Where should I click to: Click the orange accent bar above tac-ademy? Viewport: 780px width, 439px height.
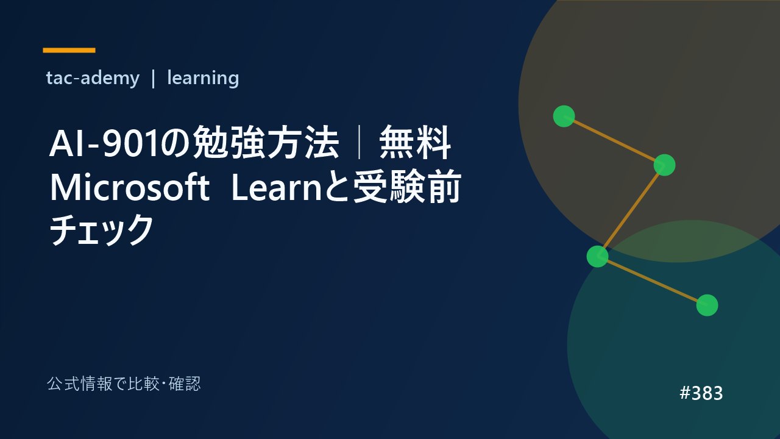[x=69, y=50]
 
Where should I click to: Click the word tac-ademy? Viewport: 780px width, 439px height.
[x=93, y=78]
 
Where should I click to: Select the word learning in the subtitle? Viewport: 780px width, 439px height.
[x=203, y=78]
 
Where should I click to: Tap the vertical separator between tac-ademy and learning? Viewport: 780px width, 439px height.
[x=153, y=79]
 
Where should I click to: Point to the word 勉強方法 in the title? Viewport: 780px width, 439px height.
[x=266, y=143]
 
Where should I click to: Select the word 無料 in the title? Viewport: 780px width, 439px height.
[x=415, y=143]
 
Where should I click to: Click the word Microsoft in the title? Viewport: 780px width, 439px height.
[x=130, y=188]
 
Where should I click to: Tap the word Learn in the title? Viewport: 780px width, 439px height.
[x=277, y=188]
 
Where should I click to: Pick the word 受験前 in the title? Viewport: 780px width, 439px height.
[x=408, y=187]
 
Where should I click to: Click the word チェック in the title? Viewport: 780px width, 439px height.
[x=101, y=230]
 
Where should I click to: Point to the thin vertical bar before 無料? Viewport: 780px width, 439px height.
[x=359, y=143]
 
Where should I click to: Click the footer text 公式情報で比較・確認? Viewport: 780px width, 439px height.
[x=124, y=384]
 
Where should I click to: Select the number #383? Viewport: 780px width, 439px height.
[x=701, y=393]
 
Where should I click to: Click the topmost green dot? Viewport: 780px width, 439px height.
[x=564, y=116]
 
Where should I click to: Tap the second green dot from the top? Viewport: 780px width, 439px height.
[x=664, y=165]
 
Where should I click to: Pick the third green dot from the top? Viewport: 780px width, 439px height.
[x=598, y=257]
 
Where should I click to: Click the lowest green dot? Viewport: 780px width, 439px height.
[x=707, y=305]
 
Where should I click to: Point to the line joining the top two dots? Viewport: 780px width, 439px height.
[x=614, y=140]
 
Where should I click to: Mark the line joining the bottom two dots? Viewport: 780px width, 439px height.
[x=652, y=281]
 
